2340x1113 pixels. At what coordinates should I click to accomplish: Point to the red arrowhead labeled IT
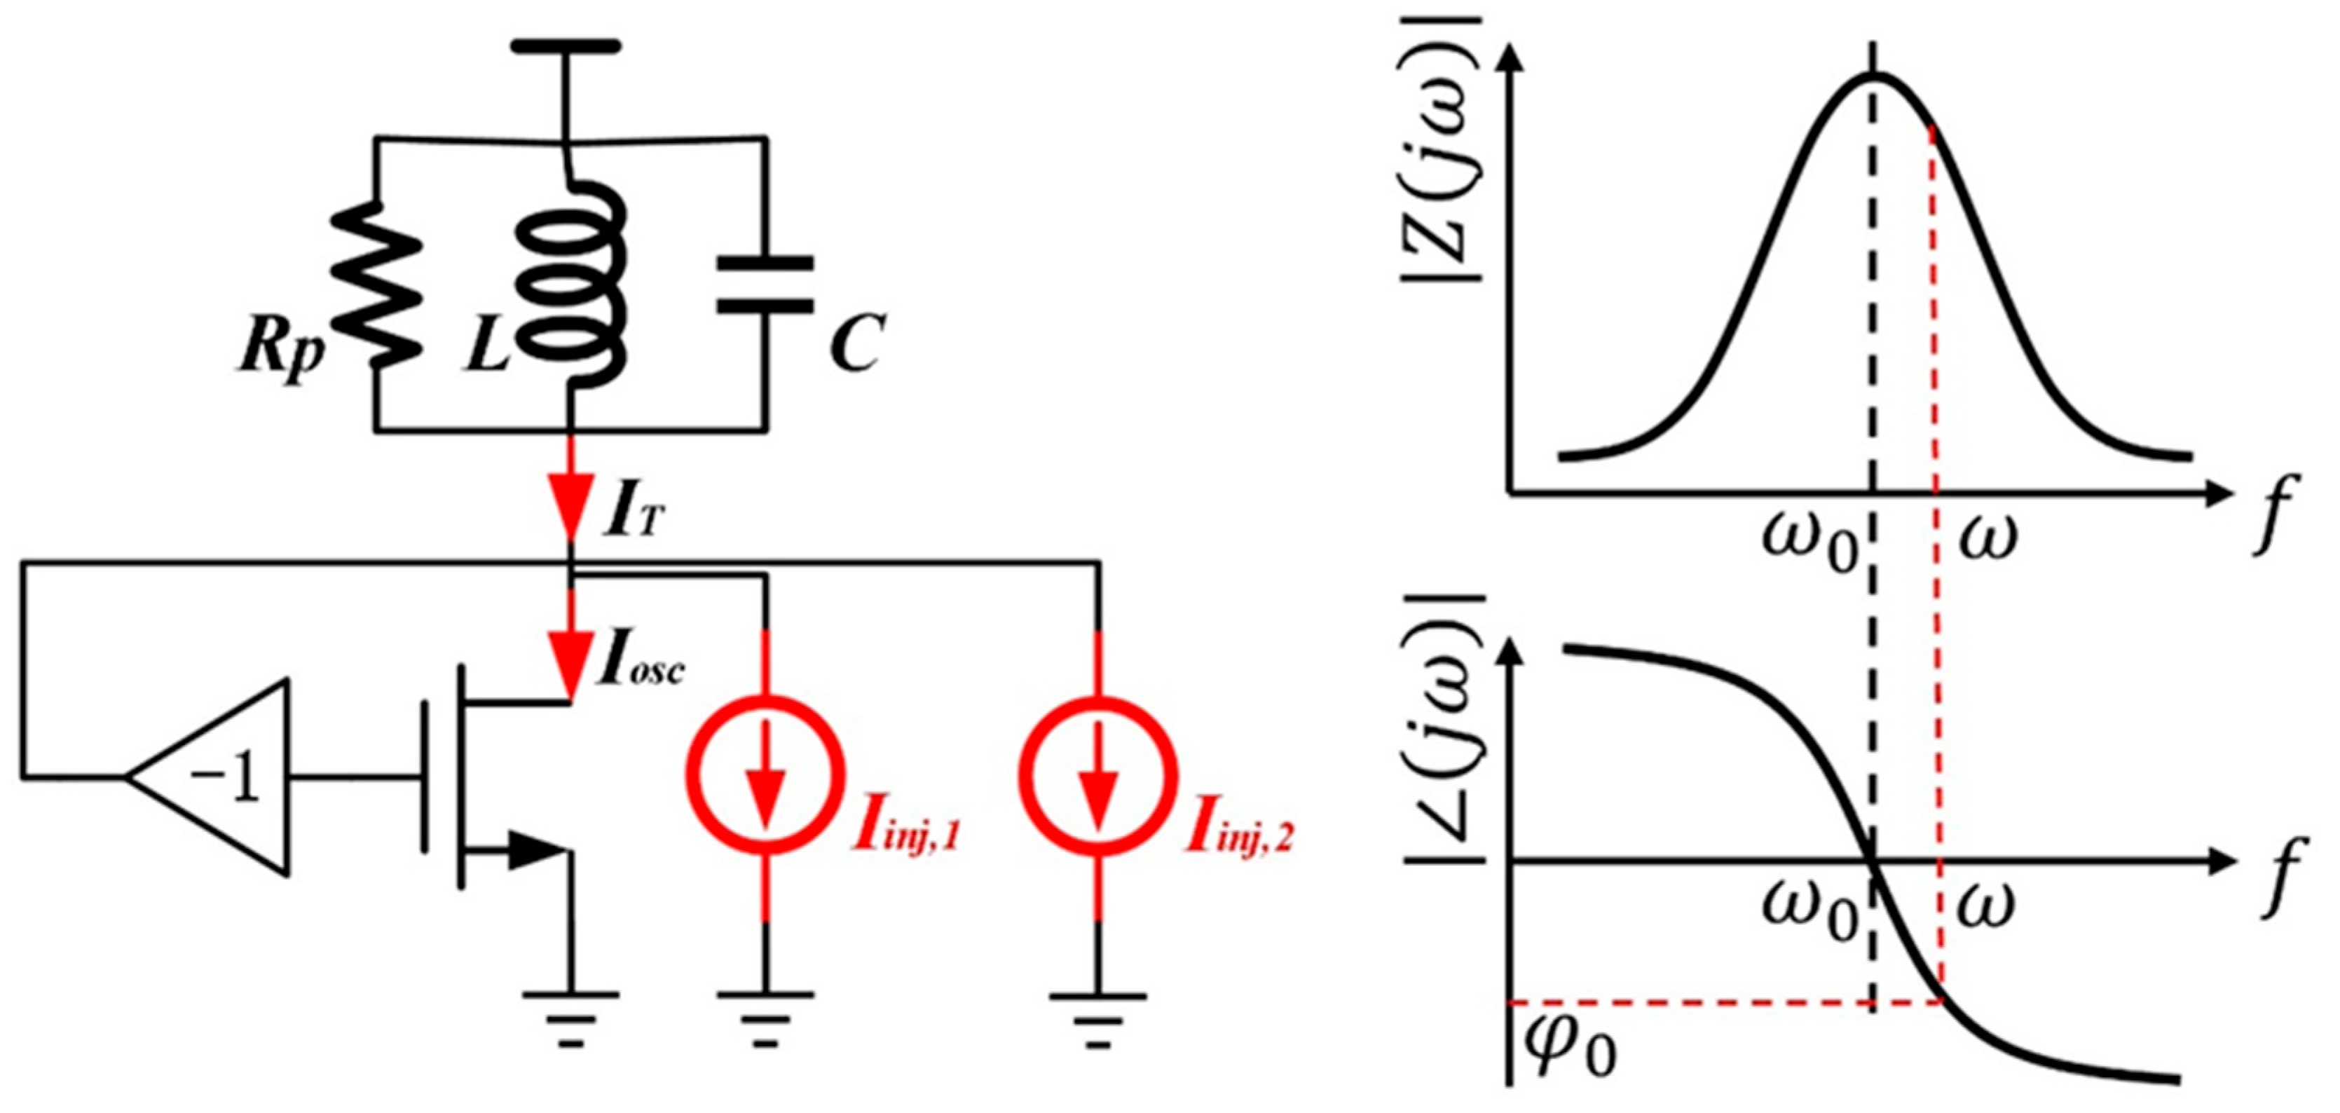571,509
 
